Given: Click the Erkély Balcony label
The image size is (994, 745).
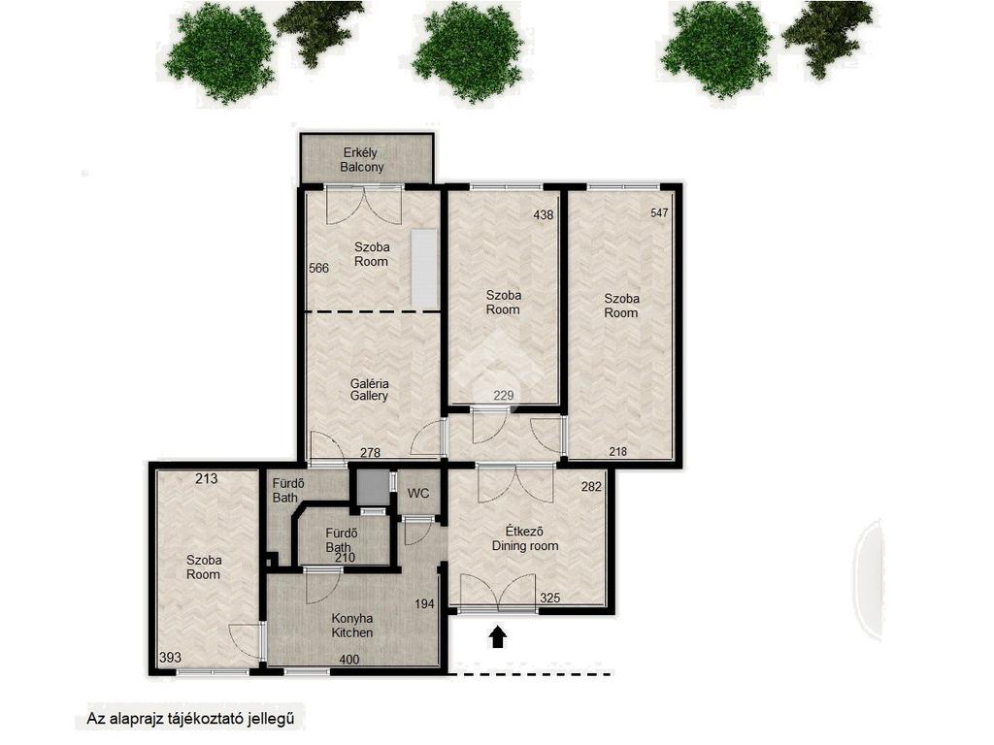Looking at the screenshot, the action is pos(362,160).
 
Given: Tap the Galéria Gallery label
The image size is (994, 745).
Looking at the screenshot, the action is pos(370,390).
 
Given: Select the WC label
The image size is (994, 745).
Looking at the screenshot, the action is pos(418,494).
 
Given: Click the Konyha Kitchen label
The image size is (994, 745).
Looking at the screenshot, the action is pos(352,626).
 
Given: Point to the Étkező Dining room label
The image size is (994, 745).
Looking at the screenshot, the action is pos(525,538).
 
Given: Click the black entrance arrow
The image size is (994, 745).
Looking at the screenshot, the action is pos(498,637).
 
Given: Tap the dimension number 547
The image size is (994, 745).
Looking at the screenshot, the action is pos(659,212).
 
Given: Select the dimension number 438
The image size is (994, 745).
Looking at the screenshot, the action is pos(544,214).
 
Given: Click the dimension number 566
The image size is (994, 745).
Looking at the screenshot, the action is pos(318,268).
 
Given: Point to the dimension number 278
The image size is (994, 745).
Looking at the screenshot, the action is pos(370,452).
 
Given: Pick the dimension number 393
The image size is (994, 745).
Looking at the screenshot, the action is pos(170,658).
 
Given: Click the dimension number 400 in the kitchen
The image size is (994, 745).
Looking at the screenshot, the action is pos(349,660).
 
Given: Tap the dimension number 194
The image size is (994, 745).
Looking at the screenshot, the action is pos(425,603).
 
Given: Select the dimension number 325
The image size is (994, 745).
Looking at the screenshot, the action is pos(550,598).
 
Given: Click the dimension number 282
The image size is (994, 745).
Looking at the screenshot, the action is pos(591,487).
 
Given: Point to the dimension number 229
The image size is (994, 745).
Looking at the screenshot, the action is pos(504,396).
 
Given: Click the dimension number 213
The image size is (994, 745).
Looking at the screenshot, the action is pos(206,479).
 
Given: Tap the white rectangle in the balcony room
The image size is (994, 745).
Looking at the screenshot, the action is pos(423,268).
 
